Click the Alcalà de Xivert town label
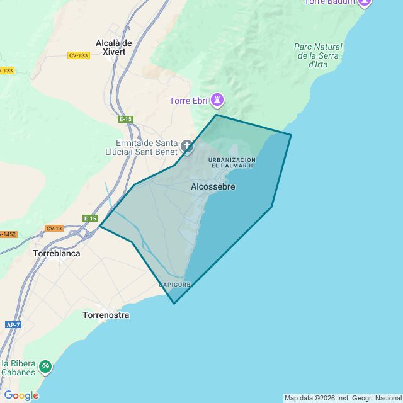tap(113, 47)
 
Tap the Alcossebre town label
tap(213, 187)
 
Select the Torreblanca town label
tap(57, 254)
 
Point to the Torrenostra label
tap(106, 315)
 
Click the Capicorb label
tap(175, 285)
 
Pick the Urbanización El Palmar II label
tap(232, 162)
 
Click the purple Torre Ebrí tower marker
tap(217, 100)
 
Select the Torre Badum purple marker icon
tap(365, 3)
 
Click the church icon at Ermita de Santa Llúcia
tap(187, 147)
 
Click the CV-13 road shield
tap(54, 228)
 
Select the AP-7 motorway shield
tap(13, 325)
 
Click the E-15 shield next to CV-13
tap(91, 219)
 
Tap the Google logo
tap(21, 395)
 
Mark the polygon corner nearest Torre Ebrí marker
tap(217, 115)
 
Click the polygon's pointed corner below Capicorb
tap(174, 304)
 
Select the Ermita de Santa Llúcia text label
tap(141, 147)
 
